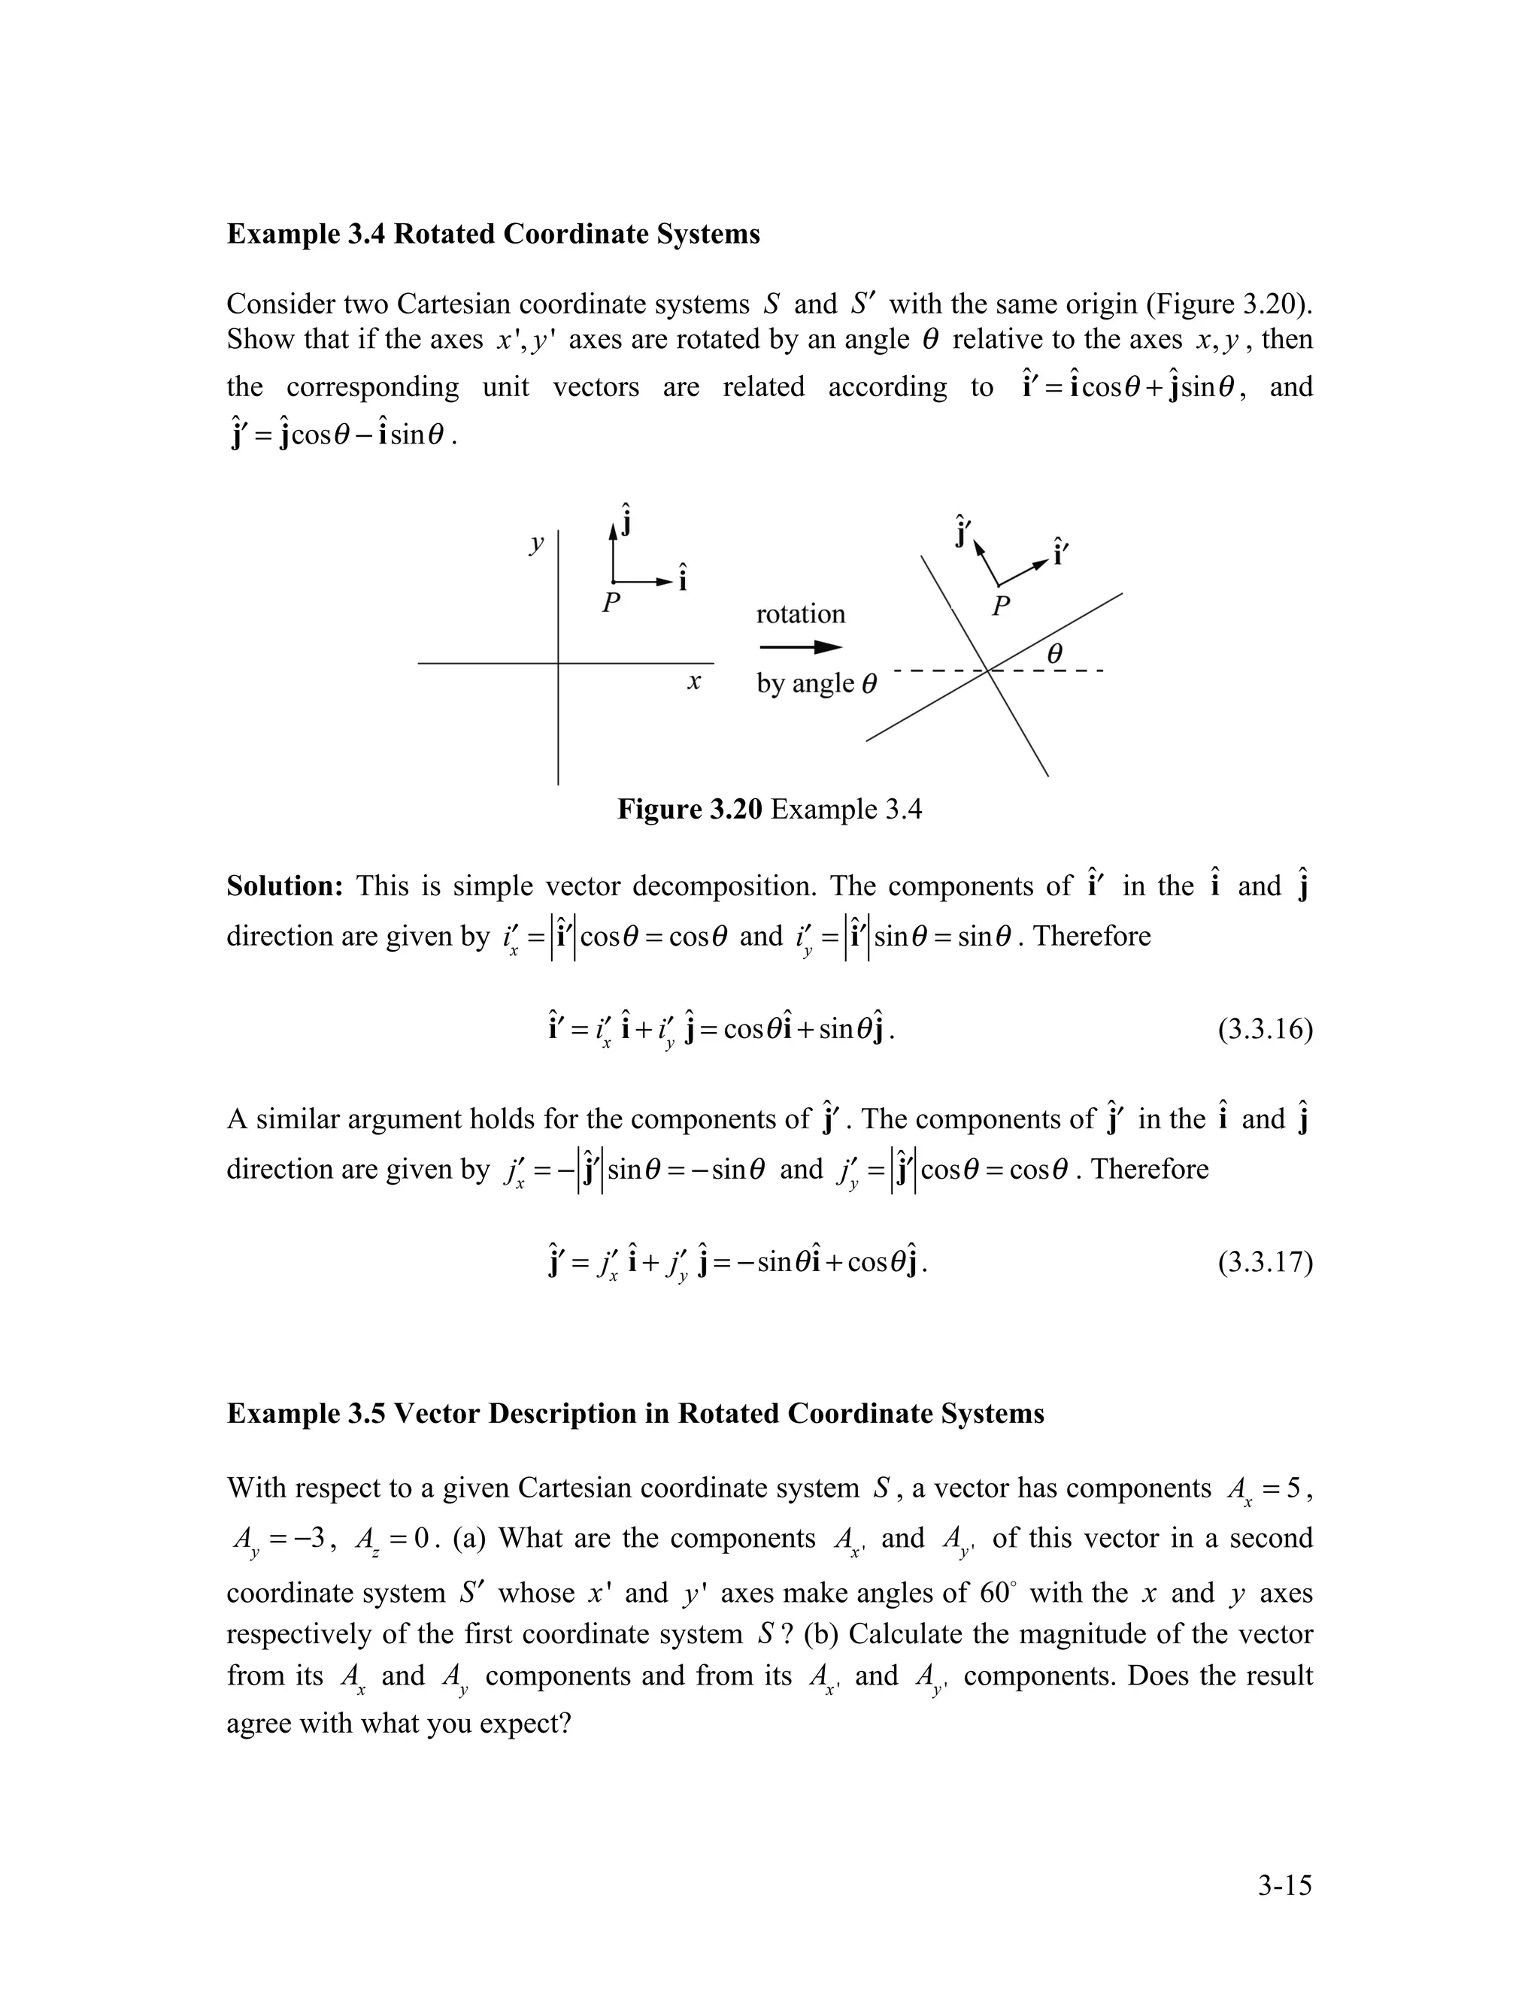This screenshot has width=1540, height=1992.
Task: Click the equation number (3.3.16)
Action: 1265,1030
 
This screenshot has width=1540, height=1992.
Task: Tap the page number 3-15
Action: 1284,1885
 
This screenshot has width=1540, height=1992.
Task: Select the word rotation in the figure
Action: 800,614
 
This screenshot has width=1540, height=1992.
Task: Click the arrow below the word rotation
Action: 800,647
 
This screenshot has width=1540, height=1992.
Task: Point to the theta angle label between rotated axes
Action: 1055,654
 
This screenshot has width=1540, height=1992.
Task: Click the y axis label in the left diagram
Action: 536,544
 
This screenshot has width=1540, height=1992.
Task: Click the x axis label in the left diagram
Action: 693,681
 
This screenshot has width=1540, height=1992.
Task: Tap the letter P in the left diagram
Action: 611,603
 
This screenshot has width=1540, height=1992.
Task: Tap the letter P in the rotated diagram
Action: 1001,606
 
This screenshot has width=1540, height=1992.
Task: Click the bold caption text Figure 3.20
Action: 689,809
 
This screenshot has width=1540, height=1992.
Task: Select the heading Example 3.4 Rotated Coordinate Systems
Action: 493,235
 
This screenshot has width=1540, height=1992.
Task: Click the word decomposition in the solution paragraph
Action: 726,886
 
